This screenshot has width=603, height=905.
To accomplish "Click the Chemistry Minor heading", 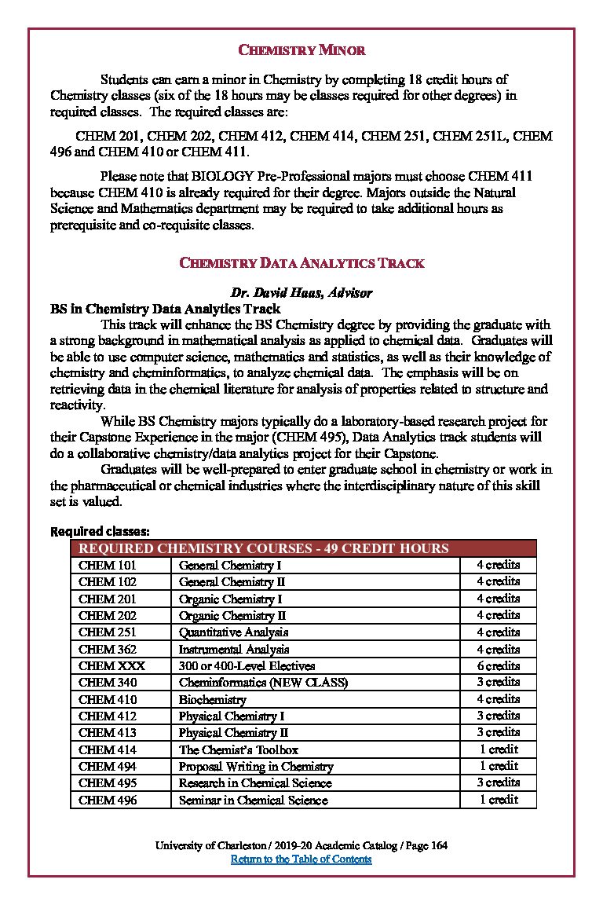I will (x=301, y=51).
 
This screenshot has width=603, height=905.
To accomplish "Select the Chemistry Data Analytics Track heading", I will (x=301, y=263).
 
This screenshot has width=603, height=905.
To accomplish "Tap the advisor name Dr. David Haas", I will (x=301, y=293).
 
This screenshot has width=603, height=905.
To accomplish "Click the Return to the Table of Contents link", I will (x=301, y=859).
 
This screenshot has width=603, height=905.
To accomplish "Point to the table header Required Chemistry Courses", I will (x=263, y=548).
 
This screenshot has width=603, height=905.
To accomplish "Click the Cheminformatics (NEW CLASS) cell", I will (x=263, y=683).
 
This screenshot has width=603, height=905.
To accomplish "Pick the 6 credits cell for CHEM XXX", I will (x=498, y=665).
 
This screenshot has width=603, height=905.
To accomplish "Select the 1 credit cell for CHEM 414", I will (x=498, y=749).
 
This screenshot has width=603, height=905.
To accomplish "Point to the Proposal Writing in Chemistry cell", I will (x=256, y=767).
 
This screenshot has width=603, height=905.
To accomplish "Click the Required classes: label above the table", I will (x=100, y=531).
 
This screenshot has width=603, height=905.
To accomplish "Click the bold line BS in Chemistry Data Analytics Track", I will (x=166, y=309).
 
